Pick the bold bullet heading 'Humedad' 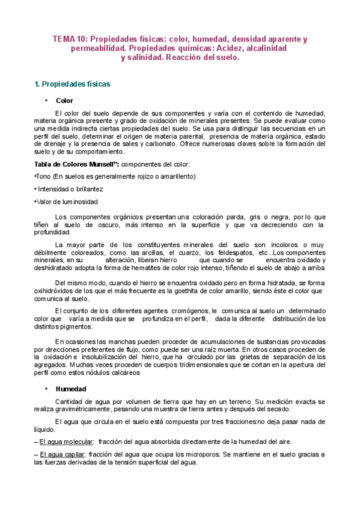point(70,389)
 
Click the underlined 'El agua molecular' point(66,442)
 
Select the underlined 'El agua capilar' point(63,455)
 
